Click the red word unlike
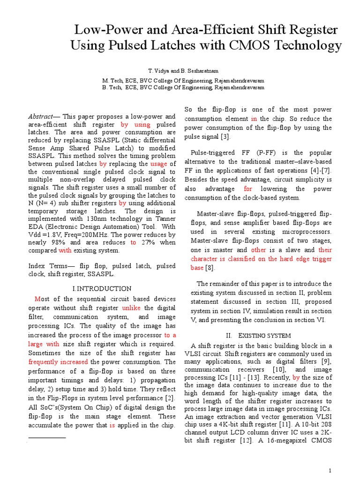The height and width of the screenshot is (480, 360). (x=131, y=308)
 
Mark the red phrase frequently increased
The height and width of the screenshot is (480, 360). (x=58, y=362)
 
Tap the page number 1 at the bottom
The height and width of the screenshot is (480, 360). (x=330, y=471)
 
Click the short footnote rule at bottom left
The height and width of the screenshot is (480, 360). (x=47, y=437)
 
